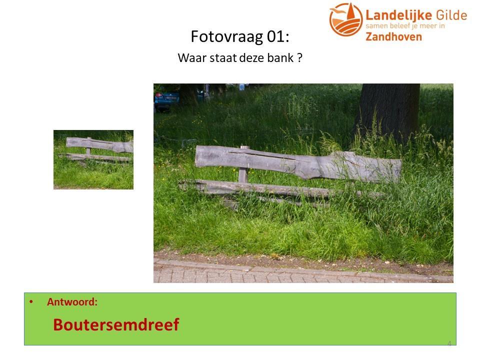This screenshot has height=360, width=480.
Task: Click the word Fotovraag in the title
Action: point(226,36)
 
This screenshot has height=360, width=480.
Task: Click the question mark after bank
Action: point(300,57)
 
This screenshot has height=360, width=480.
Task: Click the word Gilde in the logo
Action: point(451,15)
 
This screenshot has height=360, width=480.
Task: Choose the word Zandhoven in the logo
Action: point(393,36)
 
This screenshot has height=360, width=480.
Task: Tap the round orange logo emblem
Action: point(346,19)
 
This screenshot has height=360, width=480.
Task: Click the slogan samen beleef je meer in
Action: point(405,25)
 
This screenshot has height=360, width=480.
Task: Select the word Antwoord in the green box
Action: point(72,302)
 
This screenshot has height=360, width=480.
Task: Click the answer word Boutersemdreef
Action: point(116,324)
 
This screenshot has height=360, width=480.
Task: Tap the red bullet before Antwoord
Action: point(31,301)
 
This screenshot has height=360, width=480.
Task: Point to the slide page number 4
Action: point(449,343)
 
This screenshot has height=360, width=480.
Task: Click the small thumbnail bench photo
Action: point(93,159)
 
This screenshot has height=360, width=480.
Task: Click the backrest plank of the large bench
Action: point(298,164)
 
